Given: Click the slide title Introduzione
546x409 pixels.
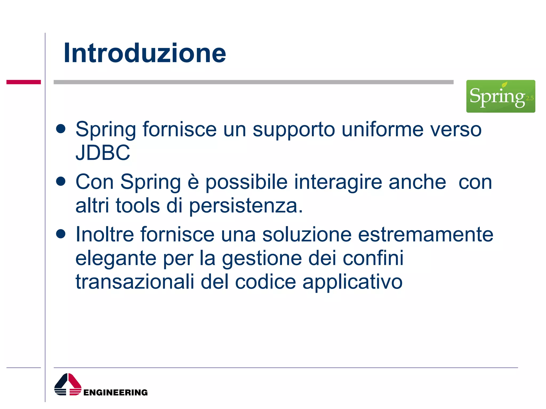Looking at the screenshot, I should pyautogui.click(x=145, y=53).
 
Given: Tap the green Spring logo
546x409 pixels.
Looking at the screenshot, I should pyautogui.click(x=500, y=96).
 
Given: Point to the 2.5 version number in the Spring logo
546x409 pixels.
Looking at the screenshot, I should pyautogui.click(x=529, y=98).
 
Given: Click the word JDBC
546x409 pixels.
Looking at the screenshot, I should pyautogui.click(x=103, y=153).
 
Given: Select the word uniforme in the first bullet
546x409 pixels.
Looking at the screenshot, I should pyautogui.click(x=382, y=129).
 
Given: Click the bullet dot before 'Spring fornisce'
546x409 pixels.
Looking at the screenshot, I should pyautogui.click(x=61, y=129).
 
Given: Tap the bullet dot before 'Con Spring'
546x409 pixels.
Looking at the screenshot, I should pyautogui.click(x=61, y=182).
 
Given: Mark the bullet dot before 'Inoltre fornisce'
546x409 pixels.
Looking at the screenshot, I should pyautogui.click(x=61, y=234).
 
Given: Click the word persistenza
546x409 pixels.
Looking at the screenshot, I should pyautogui.click(x=246, y=206).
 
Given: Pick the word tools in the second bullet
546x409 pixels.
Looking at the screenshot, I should pyautogui.click(x=138, y=206).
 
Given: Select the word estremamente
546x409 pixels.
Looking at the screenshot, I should pyautogui.click(x=425, y=234).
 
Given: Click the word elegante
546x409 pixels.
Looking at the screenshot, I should pyautogui.click(x=116, y=258).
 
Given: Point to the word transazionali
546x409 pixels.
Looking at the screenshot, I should pyautogui.click(x=135, y=282).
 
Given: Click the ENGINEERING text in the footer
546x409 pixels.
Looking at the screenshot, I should pyautogui.click(x=115, y=392).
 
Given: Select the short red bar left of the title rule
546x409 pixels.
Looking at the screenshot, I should pyautogui.click(x=23, y=82).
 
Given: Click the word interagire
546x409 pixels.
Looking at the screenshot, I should pyautogui.click(x=338, y=182).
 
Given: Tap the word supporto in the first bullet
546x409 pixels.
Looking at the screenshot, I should pyautogui.click(x=294, y=130).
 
